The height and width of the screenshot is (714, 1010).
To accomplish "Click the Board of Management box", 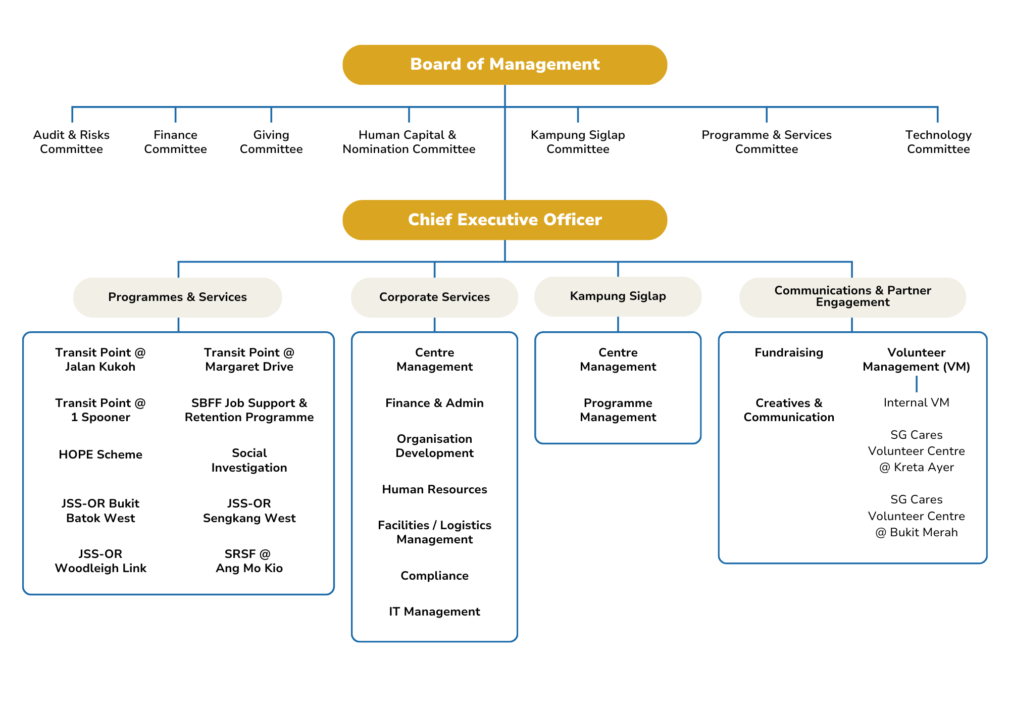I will point(504,65).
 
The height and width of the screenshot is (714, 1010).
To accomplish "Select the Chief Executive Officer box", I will point(504,220).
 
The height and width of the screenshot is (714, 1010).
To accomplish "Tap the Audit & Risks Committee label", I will point(71,142).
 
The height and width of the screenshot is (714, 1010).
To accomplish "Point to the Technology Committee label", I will point(938,142).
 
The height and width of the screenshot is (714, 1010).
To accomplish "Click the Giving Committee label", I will point(271,142).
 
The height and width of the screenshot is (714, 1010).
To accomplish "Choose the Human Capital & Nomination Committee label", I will point(409,142).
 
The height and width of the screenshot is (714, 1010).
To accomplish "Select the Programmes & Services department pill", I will point(177,297).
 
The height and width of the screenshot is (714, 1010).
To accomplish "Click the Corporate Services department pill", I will point(434,297).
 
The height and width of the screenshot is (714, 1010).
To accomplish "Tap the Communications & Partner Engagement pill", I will point(852,296).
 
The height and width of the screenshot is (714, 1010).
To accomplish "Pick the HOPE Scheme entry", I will point(100,454).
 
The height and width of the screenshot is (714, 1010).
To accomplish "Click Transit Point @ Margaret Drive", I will point(249,360).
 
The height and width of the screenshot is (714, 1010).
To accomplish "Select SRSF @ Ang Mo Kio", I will point(249,561).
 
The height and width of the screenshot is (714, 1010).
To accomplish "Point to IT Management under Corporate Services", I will point(434,611).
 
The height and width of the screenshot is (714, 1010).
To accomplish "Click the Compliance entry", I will point(434,576).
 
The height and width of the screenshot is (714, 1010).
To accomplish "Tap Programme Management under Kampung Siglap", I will point(618,410).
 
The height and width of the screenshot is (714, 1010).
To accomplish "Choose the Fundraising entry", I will point(789,352).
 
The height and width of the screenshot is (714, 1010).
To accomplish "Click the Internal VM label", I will point(916,402).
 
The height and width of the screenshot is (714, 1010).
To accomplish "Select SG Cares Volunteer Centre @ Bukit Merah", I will point(916,516).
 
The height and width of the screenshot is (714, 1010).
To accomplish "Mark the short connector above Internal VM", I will point(916,384).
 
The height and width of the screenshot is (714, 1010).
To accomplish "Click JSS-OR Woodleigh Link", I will point(100,561).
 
